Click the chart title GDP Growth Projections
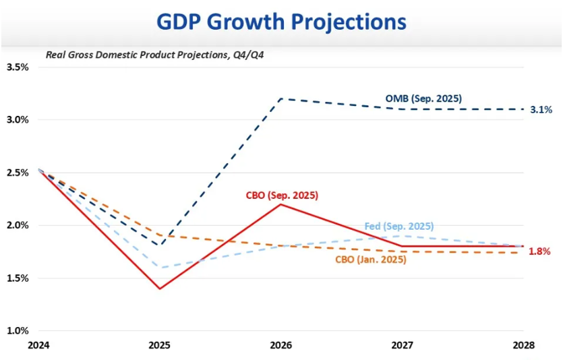(x=281, y=22)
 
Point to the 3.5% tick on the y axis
(x=18, y=67)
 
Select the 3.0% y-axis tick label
(x=18, y=120)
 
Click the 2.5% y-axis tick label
(x=18, y=173)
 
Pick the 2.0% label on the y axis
(x=18, y=225)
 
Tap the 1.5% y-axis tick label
(x=18, y=278)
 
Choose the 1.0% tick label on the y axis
(x=18, y=330)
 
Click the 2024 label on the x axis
(x=38, y=345)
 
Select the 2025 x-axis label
(x=160, y=345)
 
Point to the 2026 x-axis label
(x=280, y=345)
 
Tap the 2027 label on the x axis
(x=402, y=345)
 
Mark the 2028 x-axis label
(x=523, y=345)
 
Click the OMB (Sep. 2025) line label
(x=423, y=98)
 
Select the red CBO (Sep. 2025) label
(x=282, y=196)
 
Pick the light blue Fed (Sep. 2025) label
(x=398, y=227)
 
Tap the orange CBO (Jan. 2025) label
(x=371, y=260)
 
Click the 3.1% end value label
(x=541, y=109)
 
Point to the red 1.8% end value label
(x=539, y=251)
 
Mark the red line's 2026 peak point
(x=280, y=204)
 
